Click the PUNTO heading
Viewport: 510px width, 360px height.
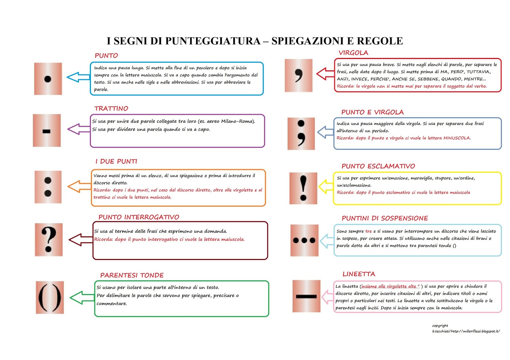(106, 55)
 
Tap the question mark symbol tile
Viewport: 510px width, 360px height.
(49, 240)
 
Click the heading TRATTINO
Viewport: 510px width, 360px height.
(111, 108)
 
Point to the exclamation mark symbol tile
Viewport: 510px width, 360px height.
(303, 188)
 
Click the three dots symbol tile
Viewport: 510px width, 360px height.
(304, 240)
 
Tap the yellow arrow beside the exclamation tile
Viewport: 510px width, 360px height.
(325, 187)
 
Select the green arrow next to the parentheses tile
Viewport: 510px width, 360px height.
(81, 298)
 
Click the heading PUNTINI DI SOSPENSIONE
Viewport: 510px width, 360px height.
(384, 218)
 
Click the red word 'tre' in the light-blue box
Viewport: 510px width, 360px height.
(368, 231)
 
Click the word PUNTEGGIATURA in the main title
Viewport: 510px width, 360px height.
(213, 41)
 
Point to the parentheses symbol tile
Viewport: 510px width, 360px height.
(50, 298)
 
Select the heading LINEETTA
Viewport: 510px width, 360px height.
(359, 274)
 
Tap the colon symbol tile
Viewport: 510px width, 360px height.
(48, 187)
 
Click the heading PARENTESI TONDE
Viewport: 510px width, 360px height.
(132, 275)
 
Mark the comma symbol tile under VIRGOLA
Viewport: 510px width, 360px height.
(298, 76)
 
